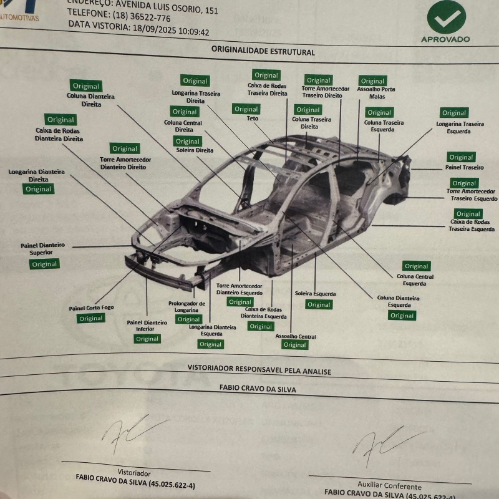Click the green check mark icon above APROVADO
click(x=446, y=17)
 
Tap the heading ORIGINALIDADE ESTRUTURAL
click(x=263, y=52)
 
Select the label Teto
click(x=252, y=119)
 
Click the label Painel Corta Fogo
click(x=91, y=308)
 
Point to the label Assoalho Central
click(x=295, y=336)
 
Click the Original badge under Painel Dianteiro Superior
click(x=44, y=264)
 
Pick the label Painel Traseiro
click(x=464, y=167)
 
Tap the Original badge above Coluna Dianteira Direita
click(x=86, y=86)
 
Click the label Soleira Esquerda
click(x=315, y=293)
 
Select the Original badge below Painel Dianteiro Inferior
click(x=147, y=339)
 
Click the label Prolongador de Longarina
click(x=187, y=306)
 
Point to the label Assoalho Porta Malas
click(x=375, y=93)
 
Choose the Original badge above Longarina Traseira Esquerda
click(x=453, y=113)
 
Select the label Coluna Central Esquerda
click(x=415, y=279)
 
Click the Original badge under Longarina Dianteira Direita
click(x=39, y=189)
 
